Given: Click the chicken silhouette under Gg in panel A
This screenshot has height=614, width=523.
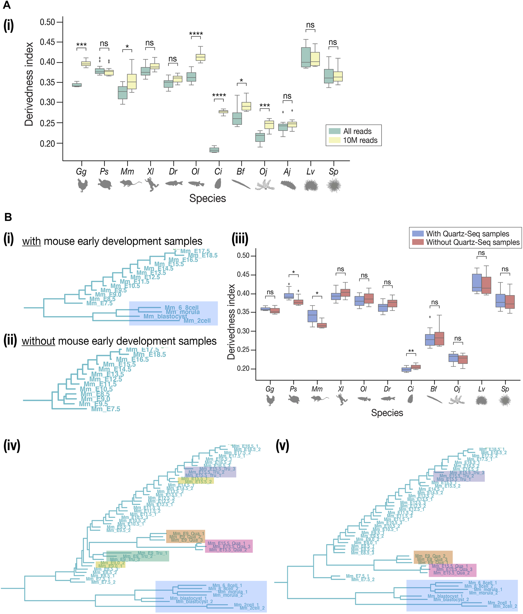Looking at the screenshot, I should coord(81,185).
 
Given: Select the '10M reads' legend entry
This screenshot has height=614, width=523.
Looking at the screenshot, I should coord(360,140).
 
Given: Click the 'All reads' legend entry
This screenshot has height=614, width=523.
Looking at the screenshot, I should coord(357,131).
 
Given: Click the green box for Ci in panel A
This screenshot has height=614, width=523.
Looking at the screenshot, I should coord(214,150).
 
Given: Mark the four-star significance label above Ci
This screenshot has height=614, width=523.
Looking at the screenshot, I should coord(219,95).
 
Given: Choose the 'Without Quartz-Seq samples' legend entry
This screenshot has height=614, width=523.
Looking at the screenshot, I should coord(473,242).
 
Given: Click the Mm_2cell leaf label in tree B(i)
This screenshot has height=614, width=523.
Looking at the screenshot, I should coord(197,321).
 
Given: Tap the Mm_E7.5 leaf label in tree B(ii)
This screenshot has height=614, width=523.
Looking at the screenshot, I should coord(106,409).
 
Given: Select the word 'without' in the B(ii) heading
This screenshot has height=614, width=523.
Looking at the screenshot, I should coord(38,341).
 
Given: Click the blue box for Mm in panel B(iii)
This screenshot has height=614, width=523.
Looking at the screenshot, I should coord(313,316).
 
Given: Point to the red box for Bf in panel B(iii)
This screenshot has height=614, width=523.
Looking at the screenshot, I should coord(439,339).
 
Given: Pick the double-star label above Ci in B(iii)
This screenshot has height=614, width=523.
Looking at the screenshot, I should coord(411,351).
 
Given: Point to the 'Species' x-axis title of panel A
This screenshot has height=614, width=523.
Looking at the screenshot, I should coord(207,198).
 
